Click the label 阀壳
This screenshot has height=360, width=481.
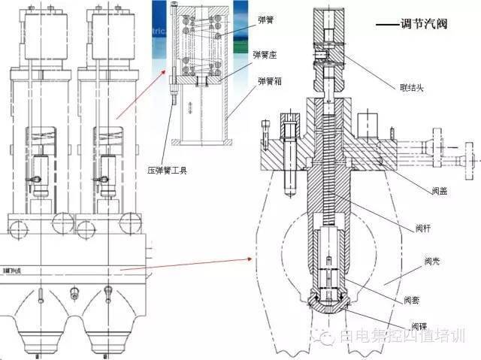(432, 261)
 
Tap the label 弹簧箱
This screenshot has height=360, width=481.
(271, 80)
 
